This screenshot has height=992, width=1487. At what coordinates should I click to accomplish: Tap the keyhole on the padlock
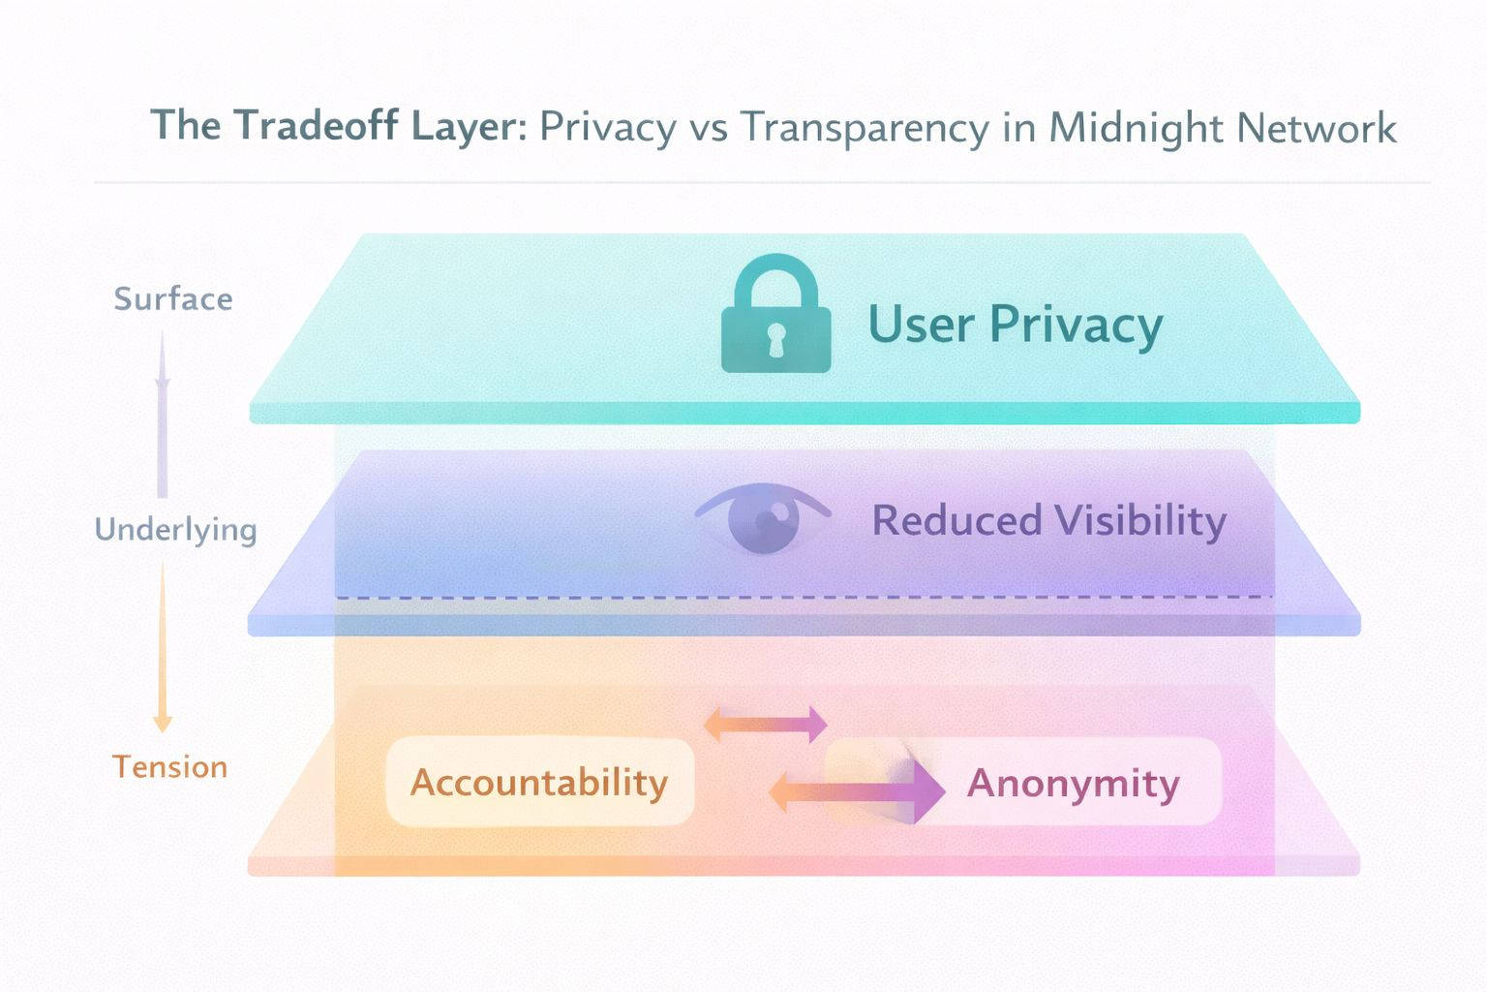pyautogui.click(x=775, y=340)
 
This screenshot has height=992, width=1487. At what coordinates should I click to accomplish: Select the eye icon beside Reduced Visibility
pyautogui.click(x=763, y=519)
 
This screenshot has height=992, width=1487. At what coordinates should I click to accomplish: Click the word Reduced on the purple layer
pyautogui.click(x=956, y=520)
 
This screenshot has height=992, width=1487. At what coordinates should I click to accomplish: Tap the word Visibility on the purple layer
pyautogui.click(x=1139, y=520)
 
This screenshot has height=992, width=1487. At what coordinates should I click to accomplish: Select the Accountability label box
pyautogui.click(x=539, y=782)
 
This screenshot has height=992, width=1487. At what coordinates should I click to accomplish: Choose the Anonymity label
pyautogui.click(x=1073, y=783)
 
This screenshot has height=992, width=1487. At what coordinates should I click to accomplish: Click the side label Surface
pyautogui.click(x=173, y=298)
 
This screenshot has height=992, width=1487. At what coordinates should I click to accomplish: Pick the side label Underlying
pyautogui.click(x=176, y=529)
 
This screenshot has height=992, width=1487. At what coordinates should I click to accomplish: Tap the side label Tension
pyautogui.click(x=170, y=767)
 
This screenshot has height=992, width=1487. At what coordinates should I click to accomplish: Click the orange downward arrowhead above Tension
pyautogui.click(x=163, y=723)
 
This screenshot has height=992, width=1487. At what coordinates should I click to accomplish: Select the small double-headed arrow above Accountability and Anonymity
pyautogui.click(x=765, y=724)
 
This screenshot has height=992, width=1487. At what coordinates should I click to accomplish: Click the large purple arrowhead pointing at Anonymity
pyautogui.click(x=927, y=790)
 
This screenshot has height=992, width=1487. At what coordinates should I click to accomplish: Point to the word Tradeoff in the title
pyautogui.click(x=317, y=126)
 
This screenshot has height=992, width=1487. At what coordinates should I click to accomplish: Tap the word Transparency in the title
pyautogui.click(x=865, y=128)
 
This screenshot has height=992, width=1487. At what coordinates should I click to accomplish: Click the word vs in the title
pyautogui.click(x=708, y=128)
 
